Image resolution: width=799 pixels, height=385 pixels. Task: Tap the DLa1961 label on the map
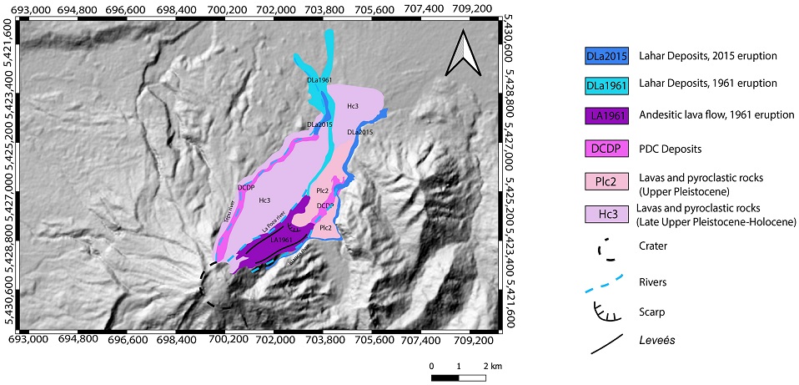[320, 80]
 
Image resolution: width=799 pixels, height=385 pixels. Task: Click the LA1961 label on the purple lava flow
[280, 241]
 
